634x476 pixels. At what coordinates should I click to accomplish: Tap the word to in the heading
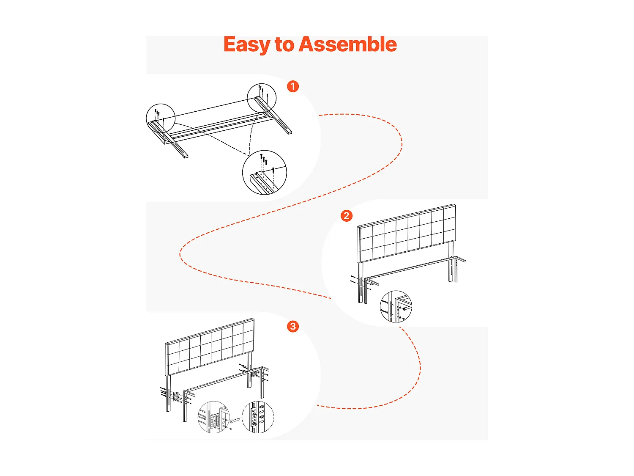tap(284, 45)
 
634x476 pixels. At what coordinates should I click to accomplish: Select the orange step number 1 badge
tap(292, 86)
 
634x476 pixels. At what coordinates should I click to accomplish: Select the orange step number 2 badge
tap(346, 216)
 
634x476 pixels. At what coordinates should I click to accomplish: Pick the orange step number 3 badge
tap(292, 326)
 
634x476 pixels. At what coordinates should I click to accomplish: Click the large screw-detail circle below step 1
tap(264, 172)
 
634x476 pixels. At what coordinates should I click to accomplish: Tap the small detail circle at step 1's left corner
tap(161, 118)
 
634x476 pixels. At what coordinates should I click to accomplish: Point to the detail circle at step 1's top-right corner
tap(261, 98)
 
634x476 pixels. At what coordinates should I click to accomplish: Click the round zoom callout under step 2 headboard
tap(396, 306)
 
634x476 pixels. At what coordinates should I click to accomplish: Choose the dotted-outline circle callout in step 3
tap(257, 417)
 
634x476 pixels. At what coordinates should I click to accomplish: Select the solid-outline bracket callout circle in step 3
tap(214, 417)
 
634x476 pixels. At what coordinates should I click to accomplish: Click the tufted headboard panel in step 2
tap(407, 233)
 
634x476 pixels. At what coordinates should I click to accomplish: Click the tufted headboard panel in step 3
tap(210, 347)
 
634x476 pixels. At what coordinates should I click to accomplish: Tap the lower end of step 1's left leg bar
tap(185, 157)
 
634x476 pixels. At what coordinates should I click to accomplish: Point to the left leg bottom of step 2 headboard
tap(361, 302)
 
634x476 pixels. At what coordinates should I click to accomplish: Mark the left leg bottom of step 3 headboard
tap(168, 410)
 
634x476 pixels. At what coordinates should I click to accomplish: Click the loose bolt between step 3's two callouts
tap(235, 420)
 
